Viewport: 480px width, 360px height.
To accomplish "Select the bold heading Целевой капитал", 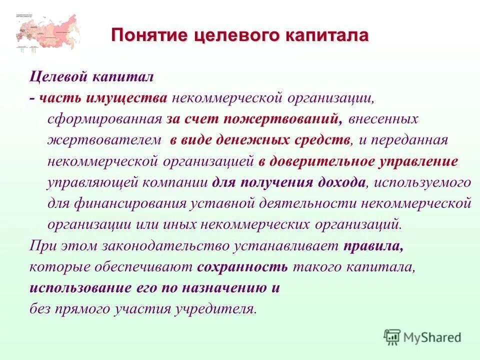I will (x=91, y=77).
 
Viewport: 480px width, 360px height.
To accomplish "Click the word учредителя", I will (x=215, y=308).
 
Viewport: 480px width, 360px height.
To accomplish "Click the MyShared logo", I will (x=422, y=337).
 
